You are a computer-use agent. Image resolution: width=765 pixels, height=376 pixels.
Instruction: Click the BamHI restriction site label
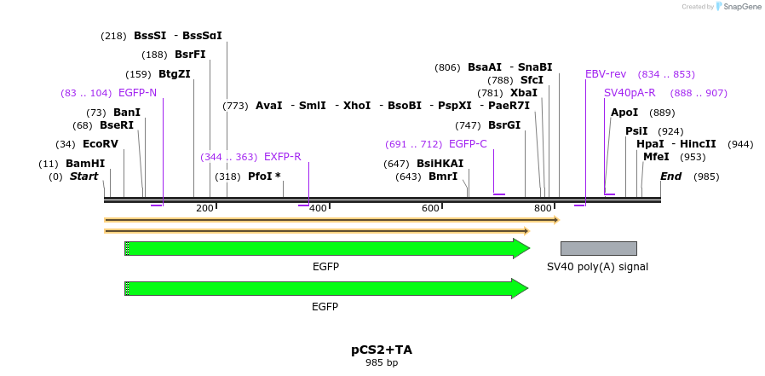tap(85, 164)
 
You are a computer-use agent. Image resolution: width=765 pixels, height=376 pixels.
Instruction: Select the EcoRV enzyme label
tap(101, 144)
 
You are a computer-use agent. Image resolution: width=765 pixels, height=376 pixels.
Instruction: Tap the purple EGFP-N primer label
tap(137, 93)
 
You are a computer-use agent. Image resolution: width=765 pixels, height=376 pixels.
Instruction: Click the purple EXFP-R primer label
tap(282, 157)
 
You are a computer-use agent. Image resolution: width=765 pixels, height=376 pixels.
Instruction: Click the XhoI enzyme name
tap(357, 106)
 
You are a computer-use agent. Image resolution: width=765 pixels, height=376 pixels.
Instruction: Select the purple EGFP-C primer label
tap(468, 144)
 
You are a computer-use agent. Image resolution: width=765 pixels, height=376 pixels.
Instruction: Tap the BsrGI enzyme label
tap(504, 125)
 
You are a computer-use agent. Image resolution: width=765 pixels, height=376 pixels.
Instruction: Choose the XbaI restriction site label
tap(524, 93)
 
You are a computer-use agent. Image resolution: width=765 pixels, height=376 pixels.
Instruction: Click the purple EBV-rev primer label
tap(606, 74)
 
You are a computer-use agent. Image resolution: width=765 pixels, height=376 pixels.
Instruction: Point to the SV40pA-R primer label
tap(630, 93)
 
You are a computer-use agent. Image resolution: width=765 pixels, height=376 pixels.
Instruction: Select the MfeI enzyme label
tap(656, 157)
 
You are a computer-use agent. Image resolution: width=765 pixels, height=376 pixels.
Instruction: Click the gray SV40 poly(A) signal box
tap(598, 248)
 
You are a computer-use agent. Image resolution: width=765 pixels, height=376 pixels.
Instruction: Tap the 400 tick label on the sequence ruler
tap(318, 208)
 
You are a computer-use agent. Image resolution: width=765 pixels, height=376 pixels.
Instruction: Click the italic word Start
tap(84, 176)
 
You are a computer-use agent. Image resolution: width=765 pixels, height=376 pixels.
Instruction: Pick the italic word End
tap(671, 176)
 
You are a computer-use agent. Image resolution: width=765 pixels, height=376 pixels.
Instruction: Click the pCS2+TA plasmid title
tap(382, 350)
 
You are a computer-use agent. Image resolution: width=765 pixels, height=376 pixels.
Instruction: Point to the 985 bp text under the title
tap(382, 362)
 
